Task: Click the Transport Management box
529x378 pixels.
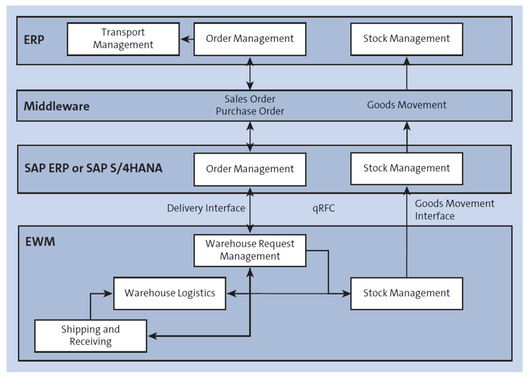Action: point(123,39)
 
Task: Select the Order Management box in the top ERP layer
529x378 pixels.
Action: point(250,39)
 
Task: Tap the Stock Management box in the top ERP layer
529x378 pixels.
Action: point(406,39)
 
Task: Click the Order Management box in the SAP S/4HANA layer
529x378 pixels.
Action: point(250,169)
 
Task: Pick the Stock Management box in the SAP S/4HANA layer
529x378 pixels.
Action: point(406,168)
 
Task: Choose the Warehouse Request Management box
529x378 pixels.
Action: point(250,249)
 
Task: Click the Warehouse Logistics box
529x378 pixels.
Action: point(169,293)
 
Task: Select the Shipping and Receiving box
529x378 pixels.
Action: point(90,335)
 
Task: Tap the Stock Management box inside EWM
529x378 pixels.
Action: point(406,293)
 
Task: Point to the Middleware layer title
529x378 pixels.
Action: point(56,106)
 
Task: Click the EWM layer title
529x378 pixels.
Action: point(40,241)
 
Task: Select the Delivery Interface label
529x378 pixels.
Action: point(205,209)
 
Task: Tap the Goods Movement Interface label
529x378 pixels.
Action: point(454,209)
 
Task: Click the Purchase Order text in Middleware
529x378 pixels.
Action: point(250,112)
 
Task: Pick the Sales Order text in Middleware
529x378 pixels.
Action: point(250,99)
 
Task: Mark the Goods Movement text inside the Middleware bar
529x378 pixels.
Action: point(407,105)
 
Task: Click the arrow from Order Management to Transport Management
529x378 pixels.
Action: point(186,39)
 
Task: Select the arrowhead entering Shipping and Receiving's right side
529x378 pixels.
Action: point(152,336)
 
